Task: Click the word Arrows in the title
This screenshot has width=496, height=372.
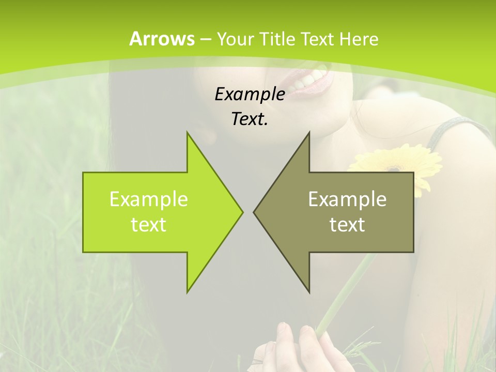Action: (162, 39)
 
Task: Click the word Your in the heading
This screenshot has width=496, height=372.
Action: (236, 39)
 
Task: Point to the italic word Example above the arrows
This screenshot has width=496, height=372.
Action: (250, 94)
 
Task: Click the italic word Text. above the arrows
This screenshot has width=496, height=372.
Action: (250, 119)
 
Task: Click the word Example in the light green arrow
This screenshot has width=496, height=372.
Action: (149, 199)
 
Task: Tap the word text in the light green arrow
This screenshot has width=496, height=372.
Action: (149, 225)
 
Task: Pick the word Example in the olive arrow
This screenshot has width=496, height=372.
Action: (347, 199)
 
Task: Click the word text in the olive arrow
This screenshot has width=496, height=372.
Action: (347, 225)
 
